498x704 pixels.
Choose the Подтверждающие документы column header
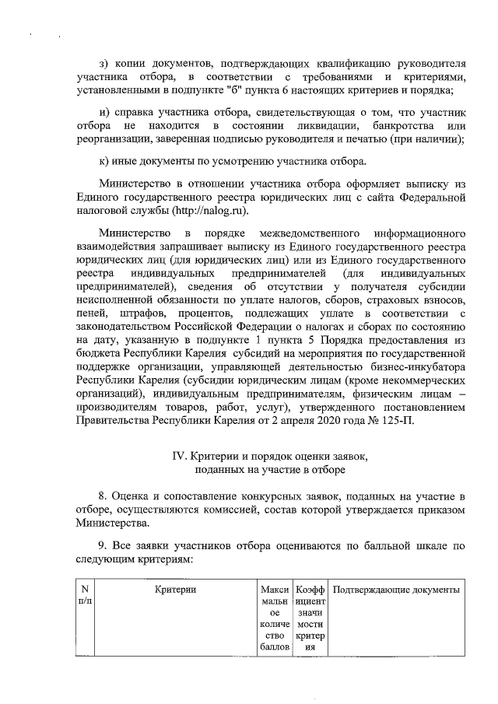pos(396,591)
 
